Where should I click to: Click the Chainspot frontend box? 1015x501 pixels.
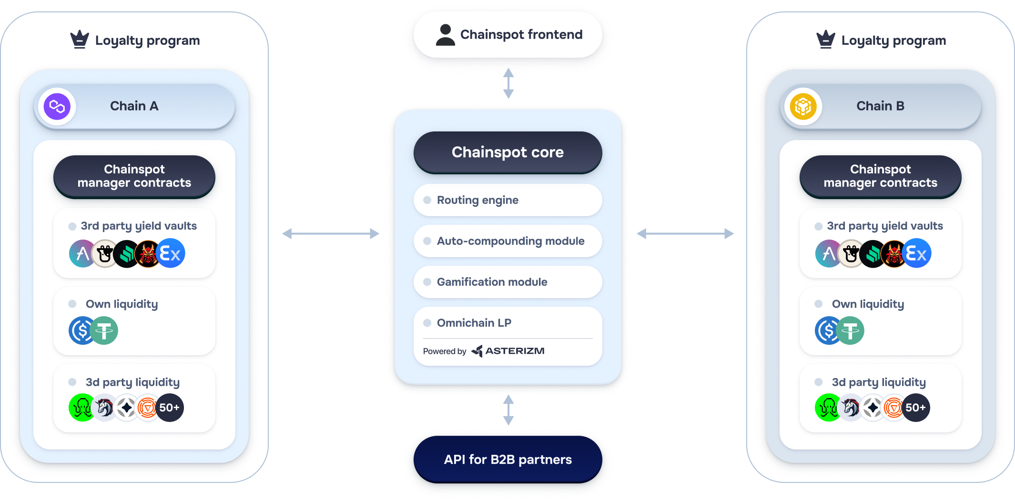(x=507, y=35)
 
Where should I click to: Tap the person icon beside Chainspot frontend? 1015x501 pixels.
(x=446, y=35)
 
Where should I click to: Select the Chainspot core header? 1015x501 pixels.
(x=507, y=152)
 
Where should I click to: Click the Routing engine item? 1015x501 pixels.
(x=507, y=200)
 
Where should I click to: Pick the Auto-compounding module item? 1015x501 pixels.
(x=507, y=241)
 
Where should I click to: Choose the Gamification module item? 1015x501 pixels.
(x=507, y=282)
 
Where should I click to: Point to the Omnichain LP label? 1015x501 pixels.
(x=474, y=323)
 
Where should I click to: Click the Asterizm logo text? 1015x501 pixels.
(x=515, y=351)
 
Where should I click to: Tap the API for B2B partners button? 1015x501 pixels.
(x=507, y=460)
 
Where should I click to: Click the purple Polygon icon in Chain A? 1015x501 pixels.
(x=57, y=106)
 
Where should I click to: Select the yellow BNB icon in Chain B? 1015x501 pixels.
(x=803, y=106)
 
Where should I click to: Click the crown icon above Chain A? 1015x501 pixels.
(x=80, y=40)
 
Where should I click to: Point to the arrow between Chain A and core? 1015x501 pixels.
(x=331, y=233)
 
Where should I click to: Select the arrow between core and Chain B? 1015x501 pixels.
(x=685, y=233)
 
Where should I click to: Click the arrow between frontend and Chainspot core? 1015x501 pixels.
(x=508, y=83)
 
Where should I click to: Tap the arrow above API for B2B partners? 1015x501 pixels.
(x=508, y=410)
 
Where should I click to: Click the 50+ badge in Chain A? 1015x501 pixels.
(x=170, y=408)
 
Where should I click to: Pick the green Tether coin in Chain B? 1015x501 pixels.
(x=850, y=331)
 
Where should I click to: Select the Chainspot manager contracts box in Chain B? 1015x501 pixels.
(x=881, y=177)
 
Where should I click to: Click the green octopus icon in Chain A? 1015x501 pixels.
(x=82, y=408)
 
